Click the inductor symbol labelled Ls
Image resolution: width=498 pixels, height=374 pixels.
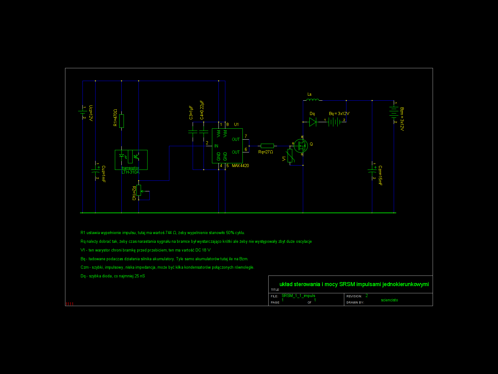[312, 100]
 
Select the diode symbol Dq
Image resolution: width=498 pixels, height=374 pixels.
[313, 122]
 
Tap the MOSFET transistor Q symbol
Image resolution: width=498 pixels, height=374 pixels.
[301, 146]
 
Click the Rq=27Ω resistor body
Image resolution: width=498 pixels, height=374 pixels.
[267, 146]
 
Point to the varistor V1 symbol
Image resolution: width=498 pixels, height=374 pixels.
[290, 156]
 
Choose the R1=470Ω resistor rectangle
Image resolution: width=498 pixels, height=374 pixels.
[122, 121]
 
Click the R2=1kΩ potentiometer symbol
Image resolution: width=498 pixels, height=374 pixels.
[139, 190]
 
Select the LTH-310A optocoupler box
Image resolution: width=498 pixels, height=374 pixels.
[131, 160]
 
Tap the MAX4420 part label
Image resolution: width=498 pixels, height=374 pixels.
[240, 165]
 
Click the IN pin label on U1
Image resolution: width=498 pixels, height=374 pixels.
[216, 146]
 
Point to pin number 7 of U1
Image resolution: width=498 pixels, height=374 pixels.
[246, 136]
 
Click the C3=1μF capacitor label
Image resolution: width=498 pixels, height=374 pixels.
[191, 113]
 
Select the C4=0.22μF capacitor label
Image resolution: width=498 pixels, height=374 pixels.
[202, 110]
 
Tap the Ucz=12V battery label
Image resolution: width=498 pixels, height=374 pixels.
[91, 113]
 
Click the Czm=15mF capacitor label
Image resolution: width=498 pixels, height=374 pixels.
[380, 175]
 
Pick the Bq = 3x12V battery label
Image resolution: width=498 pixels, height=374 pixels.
[339, 113]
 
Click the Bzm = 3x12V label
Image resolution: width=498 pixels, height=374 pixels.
[402, 119]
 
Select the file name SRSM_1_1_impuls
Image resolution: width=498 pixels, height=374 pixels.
[298, 296]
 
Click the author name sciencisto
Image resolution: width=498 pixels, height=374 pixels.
[389, 300]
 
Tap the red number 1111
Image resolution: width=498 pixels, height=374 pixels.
[69, 304]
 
